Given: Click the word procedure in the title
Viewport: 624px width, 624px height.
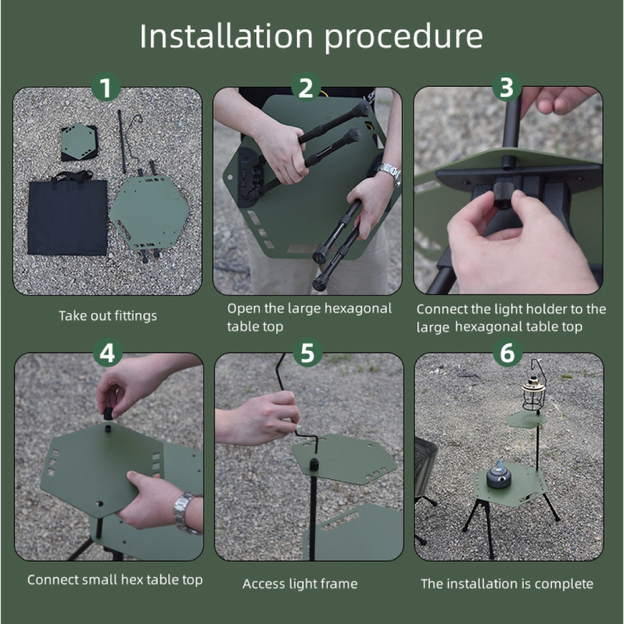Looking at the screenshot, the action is (403, 39).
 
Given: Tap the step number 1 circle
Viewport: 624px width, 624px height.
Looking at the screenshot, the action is (106, 87).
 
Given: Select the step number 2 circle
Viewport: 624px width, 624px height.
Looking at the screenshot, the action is (306, 87).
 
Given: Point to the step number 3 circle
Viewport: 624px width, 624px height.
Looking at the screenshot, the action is (507, 87).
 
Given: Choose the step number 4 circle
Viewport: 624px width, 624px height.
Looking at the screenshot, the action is (107, 353).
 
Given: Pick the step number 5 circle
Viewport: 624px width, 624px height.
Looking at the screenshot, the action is (308, 353).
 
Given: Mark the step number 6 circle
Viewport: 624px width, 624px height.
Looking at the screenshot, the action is (507, 353).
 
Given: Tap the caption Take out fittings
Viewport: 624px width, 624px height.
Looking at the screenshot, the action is (108, 316).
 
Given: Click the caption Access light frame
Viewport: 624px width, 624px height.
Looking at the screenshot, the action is (300, 584).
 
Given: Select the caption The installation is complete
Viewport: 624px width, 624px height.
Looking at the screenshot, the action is (507, 584).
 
